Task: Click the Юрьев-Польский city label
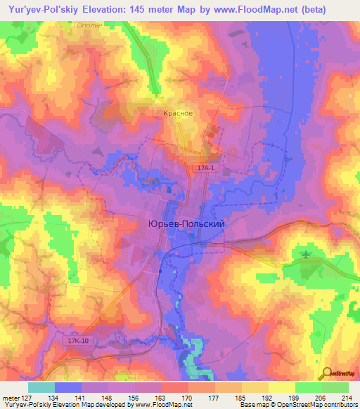click(x=186, y=223)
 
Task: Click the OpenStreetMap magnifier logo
click(x=327, y=374)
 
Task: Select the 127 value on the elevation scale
click(x=28, y=396)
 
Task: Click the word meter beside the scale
click(x=11, y=396)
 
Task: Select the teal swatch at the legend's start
click(x=41, y=387)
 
